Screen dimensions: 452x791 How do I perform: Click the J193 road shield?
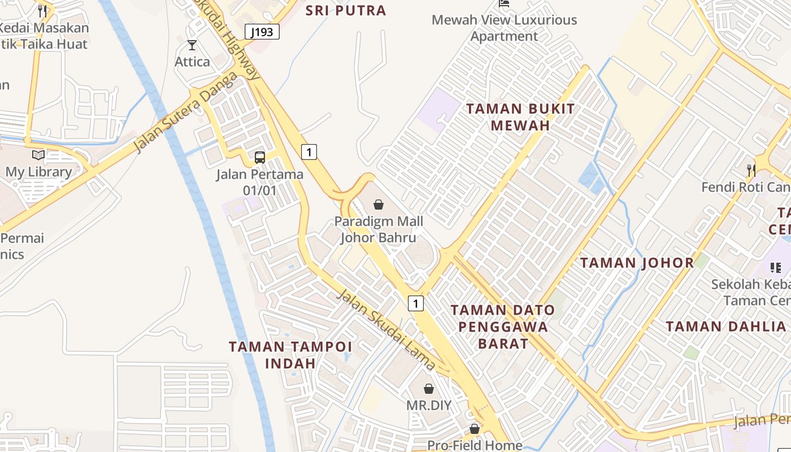point(263,32)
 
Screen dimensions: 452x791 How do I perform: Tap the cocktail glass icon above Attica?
point(192,45)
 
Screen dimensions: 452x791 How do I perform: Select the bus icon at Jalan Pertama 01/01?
point(260,158)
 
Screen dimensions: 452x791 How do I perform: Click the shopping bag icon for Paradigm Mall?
point(379,205)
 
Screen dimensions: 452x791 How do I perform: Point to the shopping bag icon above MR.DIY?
point(429,389)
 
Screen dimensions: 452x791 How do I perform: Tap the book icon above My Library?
point(38,155)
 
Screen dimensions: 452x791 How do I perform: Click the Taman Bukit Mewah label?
point(520,117)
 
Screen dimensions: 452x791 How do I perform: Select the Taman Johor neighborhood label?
point(637,263)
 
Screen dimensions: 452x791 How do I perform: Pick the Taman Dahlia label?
point(725,326)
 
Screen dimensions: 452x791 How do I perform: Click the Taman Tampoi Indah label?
point(290,354)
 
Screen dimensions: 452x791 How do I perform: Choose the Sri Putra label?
point(346,10)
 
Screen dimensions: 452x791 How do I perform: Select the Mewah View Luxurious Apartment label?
point(504,28)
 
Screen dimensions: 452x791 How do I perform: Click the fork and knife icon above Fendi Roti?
point(751,169)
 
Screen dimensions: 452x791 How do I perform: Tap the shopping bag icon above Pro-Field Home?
point(475,429)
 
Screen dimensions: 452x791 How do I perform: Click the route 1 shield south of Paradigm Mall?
point(416,303)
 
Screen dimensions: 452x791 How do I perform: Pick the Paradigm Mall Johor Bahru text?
point(379,229)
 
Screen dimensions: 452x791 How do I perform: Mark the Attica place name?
point(192,62)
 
